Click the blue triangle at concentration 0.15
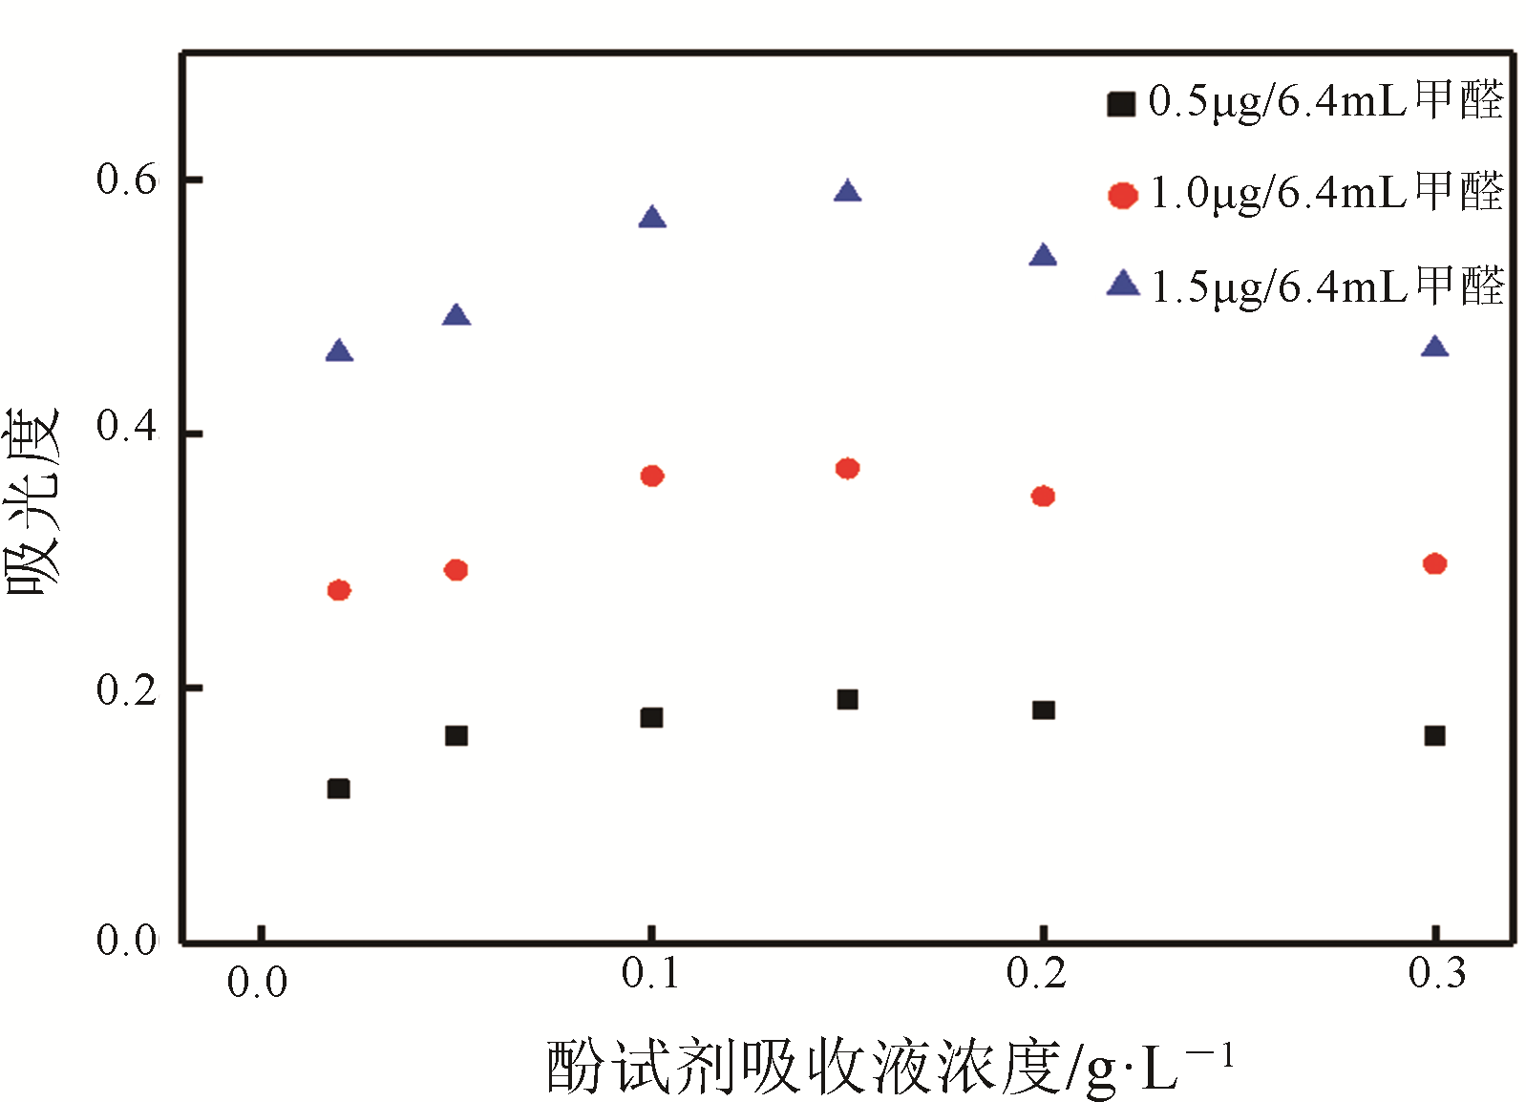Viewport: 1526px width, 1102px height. tap(847, 192)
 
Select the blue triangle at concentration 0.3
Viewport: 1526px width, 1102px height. tap(1434, 348)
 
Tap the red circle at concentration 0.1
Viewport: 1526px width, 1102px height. tap(652, 476)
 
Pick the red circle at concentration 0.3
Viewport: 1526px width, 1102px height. tap(1434, 563)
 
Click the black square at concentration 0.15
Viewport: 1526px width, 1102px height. tap(847, 700)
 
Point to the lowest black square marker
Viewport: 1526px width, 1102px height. tap(338, 789)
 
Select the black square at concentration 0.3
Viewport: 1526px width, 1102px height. tap(1434, 735)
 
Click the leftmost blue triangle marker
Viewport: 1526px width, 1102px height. tap(339, 351)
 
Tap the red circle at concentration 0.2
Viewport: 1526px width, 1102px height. tap(1043, 496)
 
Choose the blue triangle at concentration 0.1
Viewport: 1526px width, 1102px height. tap(652, 218)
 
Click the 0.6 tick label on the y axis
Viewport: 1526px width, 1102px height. tap(126, 180)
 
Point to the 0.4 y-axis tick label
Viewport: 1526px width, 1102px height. tap(126, 427)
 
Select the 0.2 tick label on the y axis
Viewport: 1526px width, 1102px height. tap(126, 689)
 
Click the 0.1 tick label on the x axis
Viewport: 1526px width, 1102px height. tap(651, 974)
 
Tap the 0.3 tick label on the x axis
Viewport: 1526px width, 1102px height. tap(1436, 974)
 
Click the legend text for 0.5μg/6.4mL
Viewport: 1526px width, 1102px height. tap(1325, 101)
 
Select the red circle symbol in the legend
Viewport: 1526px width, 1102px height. tap(1123, 195)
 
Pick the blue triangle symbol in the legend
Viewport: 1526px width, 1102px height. tap(1123, 284)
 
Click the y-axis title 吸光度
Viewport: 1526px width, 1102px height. tap(33, 501)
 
